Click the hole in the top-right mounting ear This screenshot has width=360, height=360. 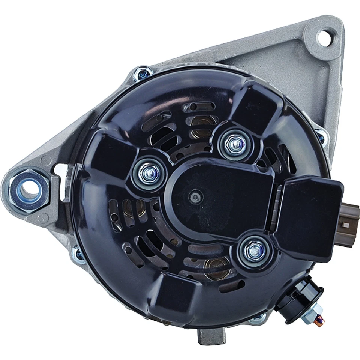click(323, 37)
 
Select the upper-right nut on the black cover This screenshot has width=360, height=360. click(233, 143)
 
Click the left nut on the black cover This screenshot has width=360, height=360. click(148, 173)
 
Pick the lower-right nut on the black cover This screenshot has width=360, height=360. click(255, 249)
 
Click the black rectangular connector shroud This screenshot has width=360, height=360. click(311, 216)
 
